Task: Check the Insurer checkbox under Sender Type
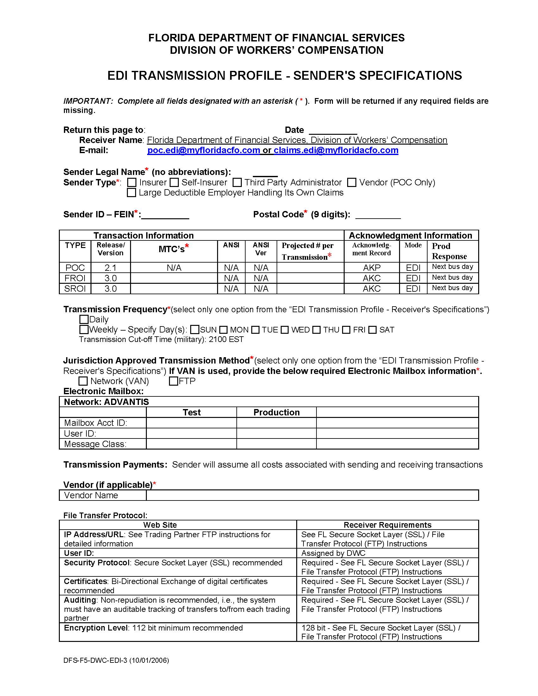pos(132,183)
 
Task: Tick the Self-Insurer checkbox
pos(174,183)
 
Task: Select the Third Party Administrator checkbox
pos(237,183)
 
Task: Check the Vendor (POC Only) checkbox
pos(352,183)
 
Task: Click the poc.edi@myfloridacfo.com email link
pos(203,150)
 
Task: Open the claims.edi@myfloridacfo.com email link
pos(336,150)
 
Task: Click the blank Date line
pos(333,131)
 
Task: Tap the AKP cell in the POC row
pos(372,268)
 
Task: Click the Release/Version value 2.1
pos(110,268)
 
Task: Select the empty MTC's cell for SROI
pos(174,289)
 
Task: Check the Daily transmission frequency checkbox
pos(84,319)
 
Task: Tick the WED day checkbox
pos(285,330)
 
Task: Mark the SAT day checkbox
pos(372,330)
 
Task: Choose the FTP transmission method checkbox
pos(173,381)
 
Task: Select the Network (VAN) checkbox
pos(83,381)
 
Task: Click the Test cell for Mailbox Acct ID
pos(191,423)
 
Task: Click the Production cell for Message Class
pos(276,444)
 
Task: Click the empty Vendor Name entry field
pos(312,495)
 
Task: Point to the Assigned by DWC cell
pos(333,553)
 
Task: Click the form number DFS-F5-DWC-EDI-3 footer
pos(116,661)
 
